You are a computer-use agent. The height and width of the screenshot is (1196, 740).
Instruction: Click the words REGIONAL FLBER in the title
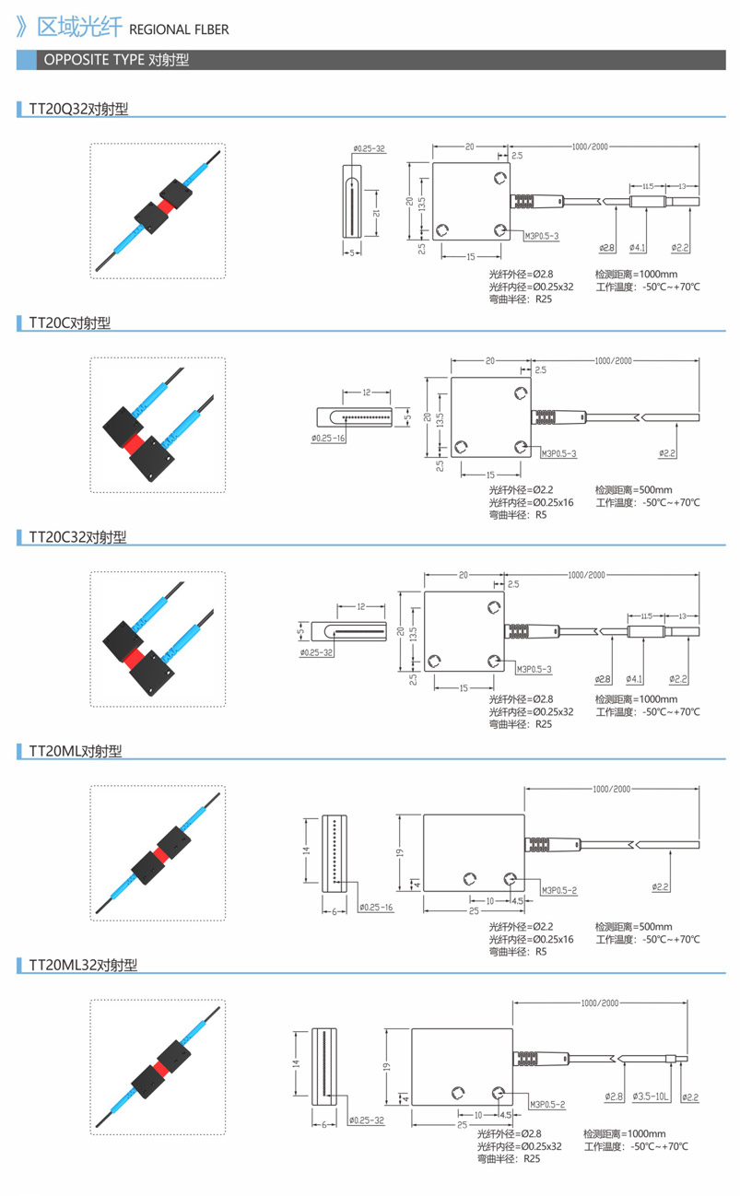pyautogui.click(x=179, y=29)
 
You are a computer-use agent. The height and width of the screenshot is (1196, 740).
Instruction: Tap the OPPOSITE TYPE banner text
pyautogui.click(x=116, y=61)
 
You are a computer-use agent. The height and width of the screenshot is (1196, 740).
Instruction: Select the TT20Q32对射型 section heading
pyautogui.click(x=78, y=109)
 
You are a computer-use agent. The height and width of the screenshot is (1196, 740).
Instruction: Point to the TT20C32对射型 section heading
pyautogui.click(x=77, y=537)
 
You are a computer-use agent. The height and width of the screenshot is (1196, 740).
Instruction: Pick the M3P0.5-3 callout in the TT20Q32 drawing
pyautogui.click(x=542, y=236)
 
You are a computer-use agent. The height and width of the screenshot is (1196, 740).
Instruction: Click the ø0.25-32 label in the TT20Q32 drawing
pyautogui.click(x=369, y=148)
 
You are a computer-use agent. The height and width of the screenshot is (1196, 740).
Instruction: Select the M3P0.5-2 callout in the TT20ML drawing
pyautogui.click(x=559, y=890)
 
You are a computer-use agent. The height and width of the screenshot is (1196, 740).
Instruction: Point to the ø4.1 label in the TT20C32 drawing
pyautogui.click(x=635, y=679)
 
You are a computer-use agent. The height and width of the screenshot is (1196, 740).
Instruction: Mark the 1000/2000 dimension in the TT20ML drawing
pyautogui.click(x=612, y=789)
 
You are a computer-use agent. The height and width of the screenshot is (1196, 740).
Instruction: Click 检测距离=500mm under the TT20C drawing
pyautogui.click(x=634, y=489)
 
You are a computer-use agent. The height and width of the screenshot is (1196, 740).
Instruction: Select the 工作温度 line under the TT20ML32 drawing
pyautogui.click(x=635, y=1146)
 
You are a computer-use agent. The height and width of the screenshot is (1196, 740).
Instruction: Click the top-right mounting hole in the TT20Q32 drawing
pyautogui.click(x=499, y=178)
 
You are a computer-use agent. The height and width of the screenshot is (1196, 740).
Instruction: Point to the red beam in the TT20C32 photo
pyautogui.click(x=134, y=655)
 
